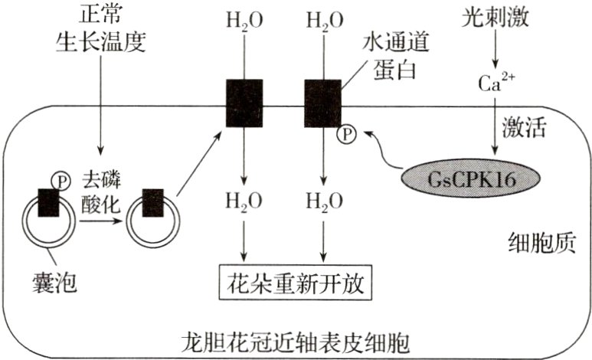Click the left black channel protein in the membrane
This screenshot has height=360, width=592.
pyautogui.click(x=244, y=103)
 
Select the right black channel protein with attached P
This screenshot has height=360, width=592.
pyautogui.click(x=322, y=103)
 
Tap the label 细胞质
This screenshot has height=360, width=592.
pyautogui.click(x=540, y=244)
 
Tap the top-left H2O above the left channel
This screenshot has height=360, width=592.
pyautogui.click(x=244, y=21)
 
